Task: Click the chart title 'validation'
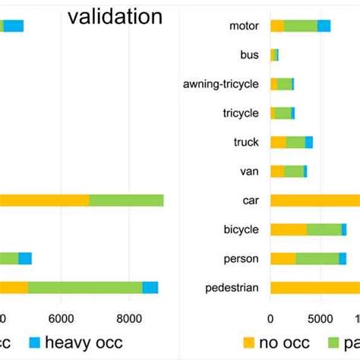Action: click(115, 17)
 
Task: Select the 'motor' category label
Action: click(244, 27)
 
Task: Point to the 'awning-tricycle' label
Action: click(221, 84)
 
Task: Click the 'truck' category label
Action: click(246, 142)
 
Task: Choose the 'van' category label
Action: click(250, 171)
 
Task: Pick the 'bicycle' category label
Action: click(242, 229)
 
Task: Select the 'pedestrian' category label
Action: click(232, 287)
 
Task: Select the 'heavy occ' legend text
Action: click(84, 343)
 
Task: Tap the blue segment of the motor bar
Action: click(324, 27)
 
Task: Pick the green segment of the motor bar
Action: click(301, 27)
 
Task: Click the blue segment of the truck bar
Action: click(309, 142)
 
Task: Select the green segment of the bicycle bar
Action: click(324, 229)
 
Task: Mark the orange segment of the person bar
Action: click(283, 258)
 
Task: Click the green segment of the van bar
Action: click(293, 171)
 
